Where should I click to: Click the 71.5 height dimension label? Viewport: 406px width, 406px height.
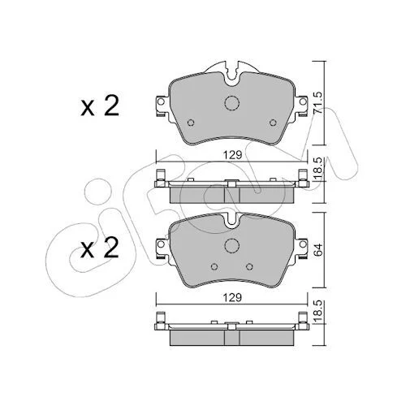pyautogui.click(x=318, y=103)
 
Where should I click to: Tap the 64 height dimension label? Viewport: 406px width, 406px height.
pyautogui.click(x=318, y=249)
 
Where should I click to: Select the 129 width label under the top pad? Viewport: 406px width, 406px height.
pyautogui.click(x=232, y=155)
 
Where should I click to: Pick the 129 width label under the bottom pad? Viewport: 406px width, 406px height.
pyautogui.click(x=232, y=297)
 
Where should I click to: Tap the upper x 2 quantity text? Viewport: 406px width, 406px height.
pyautogui.click(x=100, y=106)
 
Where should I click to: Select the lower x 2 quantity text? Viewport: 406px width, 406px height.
pyautogui.click(x=100, y=248)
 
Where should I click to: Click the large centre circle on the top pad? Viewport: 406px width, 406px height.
pyautogui.click(x=232, y=103)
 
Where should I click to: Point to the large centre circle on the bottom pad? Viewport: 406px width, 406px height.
pyautogui.click(x=232, y=245)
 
